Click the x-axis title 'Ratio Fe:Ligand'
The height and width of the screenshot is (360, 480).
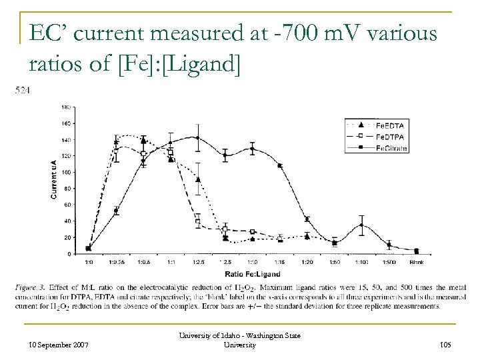click(252, 274)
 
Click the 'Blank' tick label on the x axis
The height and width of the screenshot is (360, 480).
click(417, 263)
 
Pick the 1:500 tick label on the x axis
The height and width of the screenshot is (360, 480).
click(389, 263)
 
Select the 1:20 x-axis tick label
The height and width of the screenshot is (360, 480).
click(307, 263)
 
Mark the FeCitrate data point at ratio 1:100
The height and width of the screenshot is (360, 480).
click(361, 225)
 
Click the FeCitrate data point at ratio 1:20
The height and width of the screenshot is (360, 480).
click(307, 219)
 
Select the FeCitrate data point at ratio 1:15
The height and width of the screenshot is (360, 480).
click(280, 165)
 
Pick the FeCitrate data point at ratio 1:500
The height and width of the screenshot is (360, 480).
click(389, 245)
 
